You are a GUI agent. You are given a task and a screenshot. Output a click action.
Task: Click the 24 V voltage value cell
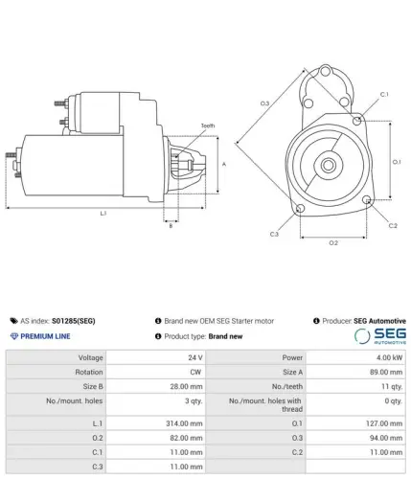click(195, 357)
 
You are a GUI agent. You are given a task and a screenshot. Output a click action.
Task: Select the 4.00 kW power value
click(389, 357)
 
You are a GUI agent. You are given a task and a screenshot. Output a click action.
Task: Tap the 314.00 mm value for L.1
click(184, 423)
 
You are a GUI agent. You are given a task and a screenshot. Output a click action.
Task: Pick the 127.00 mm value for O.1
click(384, 423)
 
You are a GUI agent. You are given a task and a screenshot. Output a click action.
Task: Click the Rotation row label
click(89, 372)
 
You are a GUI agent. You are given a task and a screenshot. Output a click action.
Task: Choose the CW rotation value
click(195, 372)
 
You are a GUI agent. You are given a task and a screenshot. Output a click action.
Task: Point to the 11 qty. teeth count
click(392, 386)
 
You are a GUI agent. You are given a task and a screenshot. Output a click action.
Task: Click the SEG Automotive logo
click(380, 336)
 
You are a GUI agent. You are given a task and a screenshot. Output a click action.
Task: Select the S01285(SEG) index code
click(74, 321)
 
